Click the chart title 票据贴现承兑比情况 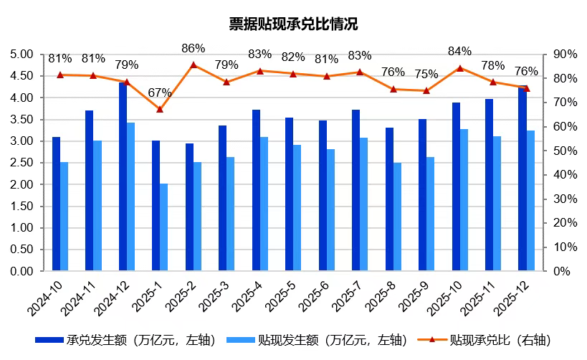(292, 24)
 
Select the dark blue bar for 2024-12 (123, 177)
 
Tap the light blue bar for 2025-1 (163, 227)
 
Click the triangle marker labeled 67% (160, 109)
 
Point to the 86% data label (194, 49)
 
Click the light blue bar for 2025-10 (464, 200)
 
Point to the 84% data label (459, 52)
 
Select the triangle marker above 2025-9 (426, 90)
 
